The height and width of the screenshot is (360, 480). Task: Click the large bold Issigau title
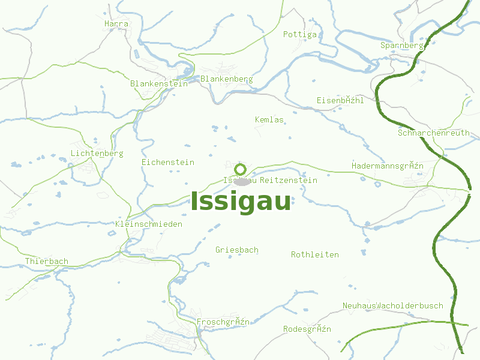point(241,202)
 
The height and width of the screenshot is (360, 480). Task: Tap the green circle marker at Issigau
point(241,169)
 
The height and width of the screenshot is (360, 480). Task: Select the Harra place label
point(116,23)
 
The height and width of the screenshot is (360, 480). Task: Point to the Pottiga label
point(300,34)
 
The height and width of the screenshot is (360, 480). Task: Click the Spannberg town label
point(402,45)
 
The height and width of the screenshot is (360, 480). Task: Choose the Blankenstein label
point(159,83)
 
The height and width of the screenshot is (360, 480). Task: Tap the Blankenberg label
point(227,79)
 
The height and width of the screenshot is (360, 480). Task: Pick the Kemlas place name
point(269,119)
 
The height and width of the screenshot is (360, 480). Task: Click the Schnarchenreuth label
point(434,133)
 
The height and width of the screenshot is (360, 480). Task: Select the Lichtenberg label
point(97,153)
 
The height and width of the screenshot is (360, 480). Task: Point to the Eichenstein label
point(168,162)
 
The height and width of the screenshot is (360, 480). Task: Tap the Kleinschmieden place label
point(149,224)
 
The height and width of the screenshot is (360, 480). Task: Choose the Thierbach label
point(47,261)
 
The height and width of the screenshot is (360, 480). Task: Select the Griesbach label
point(237,250)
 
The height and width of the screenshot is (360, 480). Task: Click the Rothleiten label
point(315,254)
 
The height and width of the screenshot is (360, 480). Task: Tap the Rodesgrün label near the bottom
point(307,329)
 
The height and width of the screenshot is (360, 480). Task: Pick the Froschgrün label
point(223,322)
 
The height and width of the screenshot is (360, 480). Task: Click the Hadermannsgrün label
point(388,165)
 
